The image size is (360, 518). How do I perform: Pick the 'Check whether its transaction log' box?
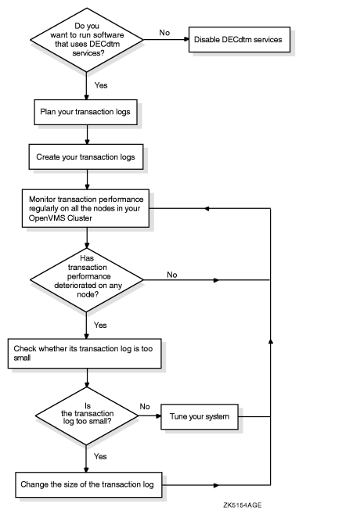click(85, 353)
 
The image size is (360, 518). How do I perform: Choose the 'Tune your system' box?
click(199, 417)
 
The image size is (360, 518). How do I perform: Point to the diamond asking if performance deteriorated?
click(85, 279)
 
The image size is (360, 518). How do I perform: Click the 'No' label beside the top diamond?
click(164, 33)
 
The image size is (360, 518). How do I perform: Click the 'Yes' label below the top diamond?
click(101, 84)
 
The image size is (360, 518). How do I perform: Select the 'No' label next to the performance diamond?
click(171, 274)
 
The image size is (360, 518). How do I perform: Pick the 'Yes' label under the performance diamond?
click(101, 324)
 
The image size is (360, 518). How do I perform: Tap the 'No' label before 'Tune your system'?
click(144, 407)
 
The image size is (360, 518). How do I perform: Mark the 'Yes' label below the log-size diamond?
click(101, 455)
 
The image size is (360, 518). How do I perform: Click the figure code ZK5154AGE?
click(242, 505)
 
